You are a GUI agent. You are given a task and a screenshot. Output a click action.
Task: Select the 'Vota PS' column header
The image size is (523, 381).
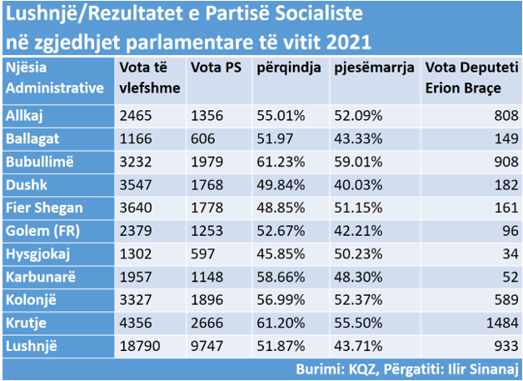click(x=212, y=68)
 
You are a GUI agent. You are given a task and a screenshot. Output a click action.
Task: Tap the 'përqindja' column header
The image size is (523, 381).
click(x=288, y=68)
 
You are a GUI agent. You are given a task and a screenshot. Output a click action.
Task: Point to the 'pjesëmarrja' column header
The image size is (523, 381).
click(x=373, y=68)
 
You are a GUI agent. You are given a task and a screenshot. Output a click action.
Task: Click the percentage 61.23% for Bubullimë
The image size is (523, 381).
click(x=278, y=161)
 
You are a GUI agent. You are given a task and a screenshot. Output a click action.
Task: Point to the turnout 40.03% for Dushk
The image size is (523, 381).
click(x=356, y=183)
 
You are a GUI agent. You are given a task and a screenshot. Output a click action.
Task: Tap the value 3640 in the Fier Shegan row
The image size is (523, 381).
click(x=136, y=206)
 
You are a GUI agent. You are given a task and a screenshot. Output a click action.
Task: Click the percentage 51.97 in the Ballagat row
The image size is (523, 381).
click(x=273, y=139)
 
